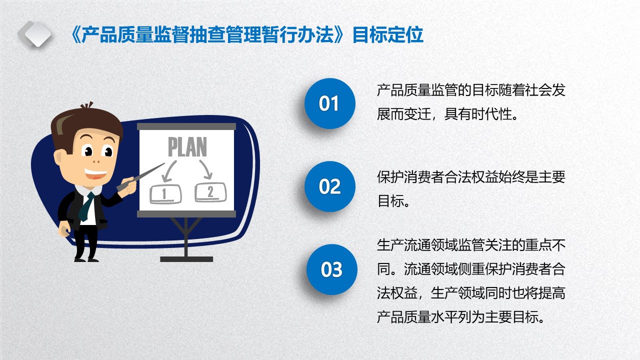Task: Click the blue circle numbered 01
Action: click(329, 103)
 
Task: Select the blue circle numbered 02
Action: click(329, 186)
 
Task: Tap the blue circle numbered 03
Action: click(331, 269)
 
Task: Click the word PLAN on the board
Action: click(187, 147)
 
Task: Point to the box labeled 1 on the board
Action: click(165, 194)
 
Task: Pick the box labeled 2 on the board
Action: click(210, 192)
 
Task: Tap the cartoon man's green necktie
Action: click(86, 206)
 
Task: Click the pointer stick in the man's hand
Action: click(140, 177)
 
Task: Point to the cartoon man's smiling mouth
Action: click(95, 173)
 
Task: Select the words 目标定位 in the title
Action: click(387, 35)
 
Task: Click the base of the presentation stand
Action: click(186, 259)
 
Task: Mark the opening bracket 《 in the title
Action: click(75, 35)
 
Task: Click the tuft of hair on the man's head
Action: click(87, 105)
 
